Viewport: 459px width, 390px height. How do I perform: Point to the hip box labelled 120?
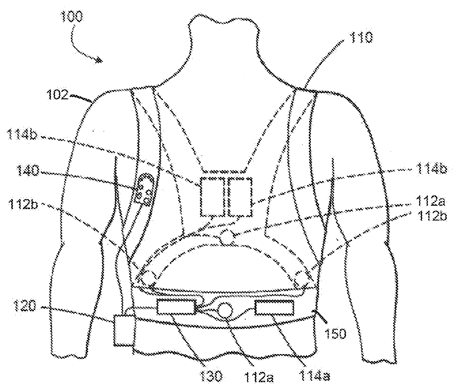coord(123,330)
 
